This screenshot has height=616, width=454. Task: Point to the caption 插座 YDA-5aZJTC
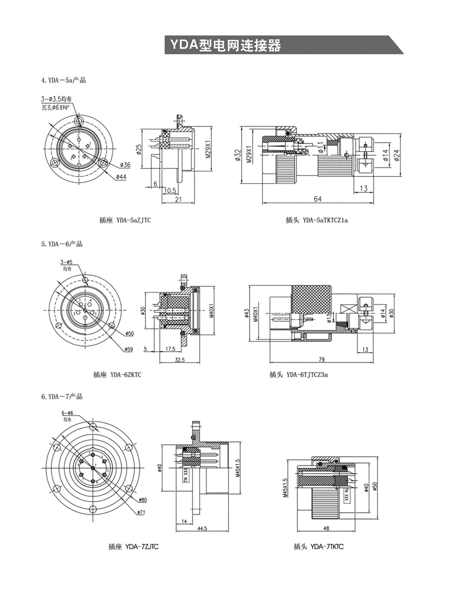[x=125, y=220]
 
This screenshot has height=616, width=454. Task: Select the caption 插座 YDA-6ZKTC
[x=117, y=374]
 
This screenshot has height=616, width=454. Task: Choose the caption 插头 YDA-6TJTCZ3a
[x=300, y=374]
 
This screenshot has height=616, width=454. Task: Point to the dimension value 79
[x=321, y=358]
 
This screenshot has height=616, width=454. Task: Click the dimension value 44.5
[x=202, y=528]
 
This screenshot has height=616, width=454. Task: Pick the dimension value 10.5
[x=170, y=191]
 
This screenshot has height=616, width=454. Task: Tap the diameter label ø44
[x=121, y=177]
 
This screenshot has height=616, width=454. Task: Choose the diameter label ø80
[x=142, y=500]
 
